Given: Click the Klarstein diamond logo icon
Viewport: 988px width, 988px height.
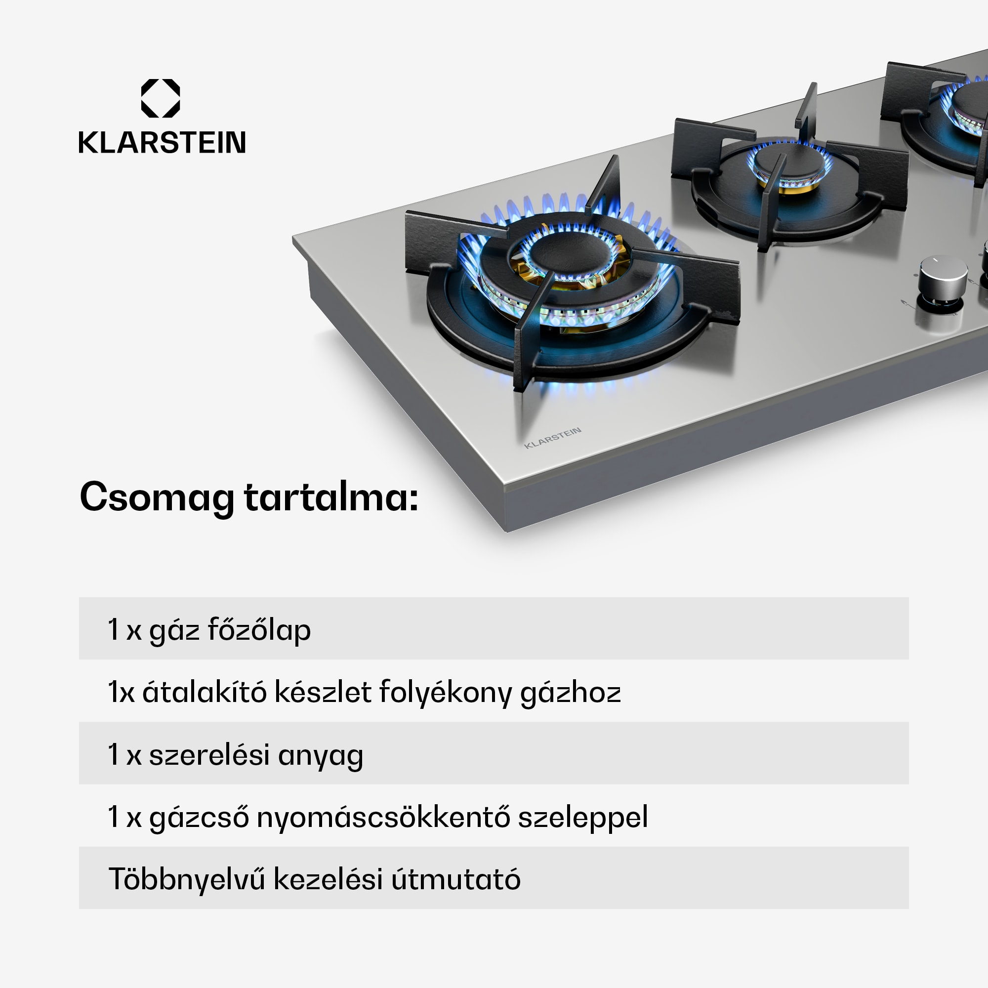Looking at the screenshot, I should [160, 98].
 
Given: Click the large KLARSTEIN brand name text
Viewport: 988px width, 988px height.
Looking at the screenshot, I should [162, 143].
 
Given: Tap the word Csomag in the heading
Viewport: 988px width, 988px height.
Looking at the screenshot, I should [157, 497].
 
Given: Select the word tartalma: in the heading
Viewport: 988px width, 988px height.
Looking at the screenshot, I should [331, 497].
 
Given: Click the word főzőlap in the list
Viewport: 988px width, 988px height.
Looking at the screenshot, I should [259, 630].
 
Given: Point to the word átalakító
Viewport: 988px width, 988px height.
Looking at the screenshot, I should [204, 693].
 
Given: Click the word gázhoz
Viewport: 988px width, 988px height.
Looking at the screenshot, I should [570, 694].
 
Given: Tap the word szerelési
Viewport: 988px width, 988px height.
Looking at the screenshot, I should [209, 755].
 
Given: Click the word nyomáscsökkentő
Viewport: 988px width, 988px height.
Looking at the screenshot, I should [383, 817].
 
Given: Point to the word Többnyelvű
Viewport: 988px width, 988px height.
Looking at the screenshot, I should [187, 880].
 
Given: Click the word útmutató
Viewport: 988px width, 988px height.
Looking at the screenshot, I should [455, 880].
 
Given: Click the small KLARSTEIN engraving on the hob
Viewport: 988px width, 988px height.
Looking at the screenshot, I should [552, 438].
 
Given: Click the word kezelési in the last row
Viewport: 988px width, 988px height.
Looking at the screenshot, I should [328, 880].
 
